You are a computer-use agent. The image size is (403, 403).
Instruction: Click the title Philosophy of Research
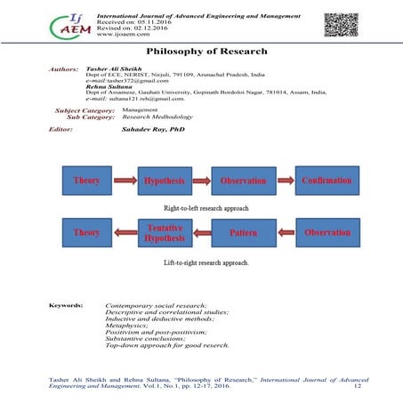tap(202, 52)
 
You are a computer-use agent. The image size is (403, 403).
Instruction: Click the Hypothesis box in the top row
tap(163, 181)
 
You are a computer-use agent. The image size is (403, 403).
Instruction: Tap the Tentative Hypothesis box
tap(163, 232)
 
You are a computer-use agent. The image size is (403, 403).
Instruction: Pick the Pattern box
tap(244, 232)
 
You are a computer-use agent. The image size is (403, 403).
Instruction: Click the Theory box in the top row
tap(86, 181)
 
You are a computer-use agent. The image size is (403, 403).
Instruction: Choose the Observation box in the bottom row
tap(326, 232)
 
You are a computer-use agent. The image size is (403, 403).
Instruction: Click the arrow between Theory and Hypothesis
tap(125, 181)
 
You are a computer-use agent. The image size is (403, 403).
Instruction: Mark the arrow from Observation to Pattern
tap(285, 232)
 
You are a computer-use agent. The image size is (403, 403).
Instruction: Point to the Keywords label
tap(65, 305)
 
